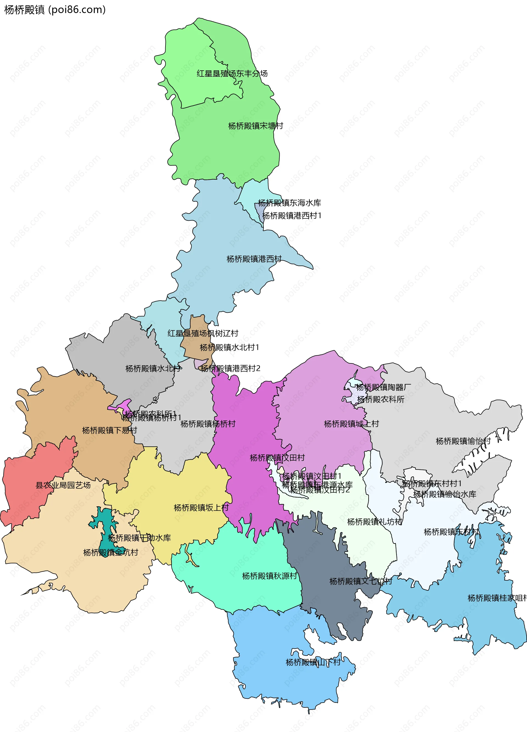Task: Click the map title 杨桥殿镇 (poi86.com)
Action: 55,10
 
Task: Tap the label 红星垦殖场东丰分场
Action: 232,74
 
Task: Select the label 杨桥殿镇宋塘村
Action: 256,126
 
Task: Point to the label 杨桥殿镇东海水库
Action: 290,203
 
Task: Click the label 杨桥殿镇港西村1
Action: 292,216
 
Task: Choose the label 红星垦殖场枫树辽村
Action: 203,333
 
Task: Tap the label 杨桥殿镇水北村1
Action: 229,347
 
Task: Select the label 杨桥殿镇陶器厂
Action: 383,387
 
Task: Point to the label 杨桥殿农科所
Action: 381,399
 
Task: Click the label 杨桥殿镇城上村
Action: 351,424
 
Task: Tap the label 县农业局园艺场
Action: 63,485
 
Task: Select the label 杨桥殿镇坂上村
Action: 201,508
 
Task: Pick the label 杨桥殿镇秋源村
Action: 270,576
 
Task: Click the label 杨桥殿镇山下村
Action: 313,662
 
